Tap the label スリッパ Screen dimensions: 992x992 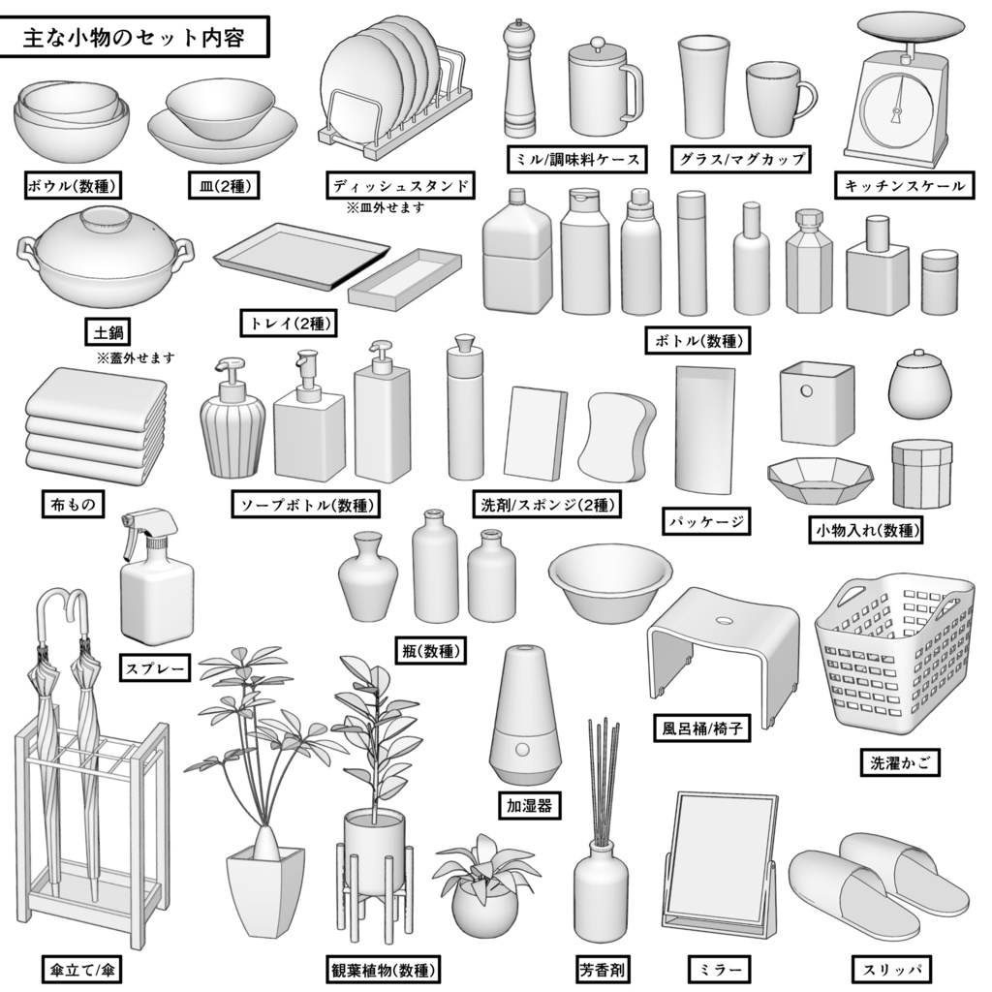[x=891, y=969]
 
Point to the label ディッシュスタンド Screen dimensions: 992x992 [x=400, y=185]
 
